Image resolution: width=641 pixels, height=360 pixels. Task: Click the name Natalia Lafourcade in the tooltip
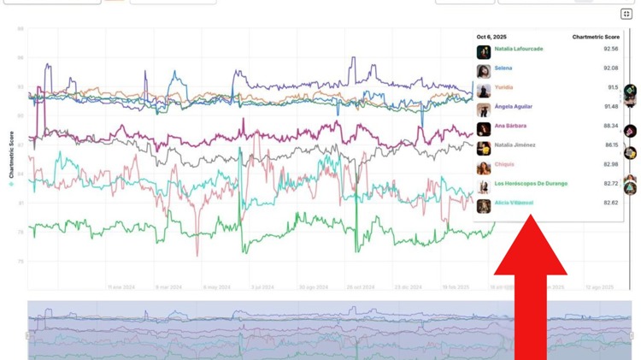pos(518,50)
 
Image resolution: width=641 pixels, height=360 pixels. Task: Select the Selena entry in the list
pos(503,68)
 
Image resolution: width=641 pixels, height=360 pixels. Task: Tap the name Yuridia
pos(504,87)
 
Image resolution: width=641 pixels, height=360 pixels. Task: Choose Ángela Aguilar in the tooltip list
pos(513,106)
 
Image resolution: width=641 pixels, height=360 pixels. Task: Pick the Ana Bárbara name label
pos(511,126)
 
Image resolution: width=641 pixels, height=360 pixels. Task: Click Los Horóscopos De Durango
pos(530,183)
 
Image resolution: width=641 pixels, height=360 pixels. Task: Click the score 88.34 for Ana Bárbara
pos(610,126)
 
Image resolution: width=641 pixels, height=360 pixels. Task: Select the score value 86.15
pos(610,145)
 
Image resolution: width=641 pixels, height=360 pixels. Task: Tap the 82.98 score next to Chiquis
pos(610,164)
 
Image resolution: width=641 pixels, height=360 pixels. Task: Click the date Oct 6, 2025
pos(491,37)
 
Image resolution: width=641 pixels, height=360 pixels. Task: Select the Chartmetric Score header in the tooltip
pos(596,37)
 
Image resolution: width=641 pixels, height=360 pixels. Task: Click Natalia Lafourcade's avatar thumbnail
pos(484,52)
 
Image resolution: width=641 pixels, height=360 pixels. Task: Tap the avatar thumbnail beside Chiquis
pos(484,167)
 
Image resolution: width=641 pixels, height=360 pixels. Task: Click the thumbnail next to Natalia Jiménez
pos(484,148)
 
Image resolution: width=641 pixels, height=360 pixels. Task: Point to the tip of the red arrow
pos(531,216)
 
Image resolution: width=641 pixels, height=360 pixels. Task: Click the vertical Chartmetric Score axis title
pos(11,159)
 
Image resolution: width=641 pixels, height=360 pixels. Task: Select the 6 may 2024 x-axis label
pos(216,287)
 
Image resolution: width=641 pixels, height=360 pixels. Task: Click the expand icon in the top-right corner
pos(626,14)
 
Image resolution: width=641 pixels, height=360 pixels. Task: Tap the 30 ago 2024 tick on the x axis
pos(313,287)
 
